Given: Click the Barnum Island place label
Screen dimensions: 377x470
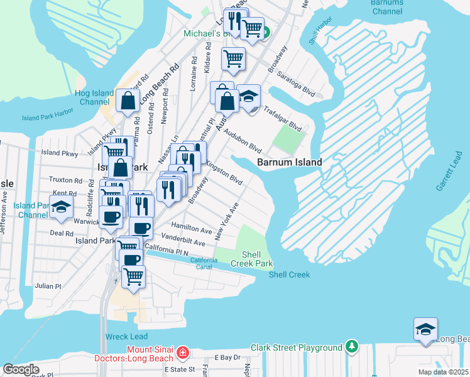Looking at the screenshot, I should (x=289, y=162).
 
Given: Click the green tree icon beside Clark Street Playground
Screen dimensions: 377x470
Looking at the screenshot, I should (x=351, y=347).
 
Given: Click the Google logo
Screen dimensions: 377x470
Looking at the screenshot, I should (x=21, y=369).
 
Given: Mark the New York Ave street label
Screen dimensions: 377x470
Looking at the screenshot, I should (x=227, y=221).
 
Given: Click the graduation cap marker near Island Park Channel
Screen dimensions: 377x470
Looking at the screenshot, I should (x=61, y=207).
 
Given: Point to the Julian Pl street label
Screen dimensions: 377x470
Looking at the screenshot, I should (x=48, y=285).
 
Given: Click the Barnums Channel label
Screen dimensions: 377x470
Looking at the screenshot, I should (x=386, y=7).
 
